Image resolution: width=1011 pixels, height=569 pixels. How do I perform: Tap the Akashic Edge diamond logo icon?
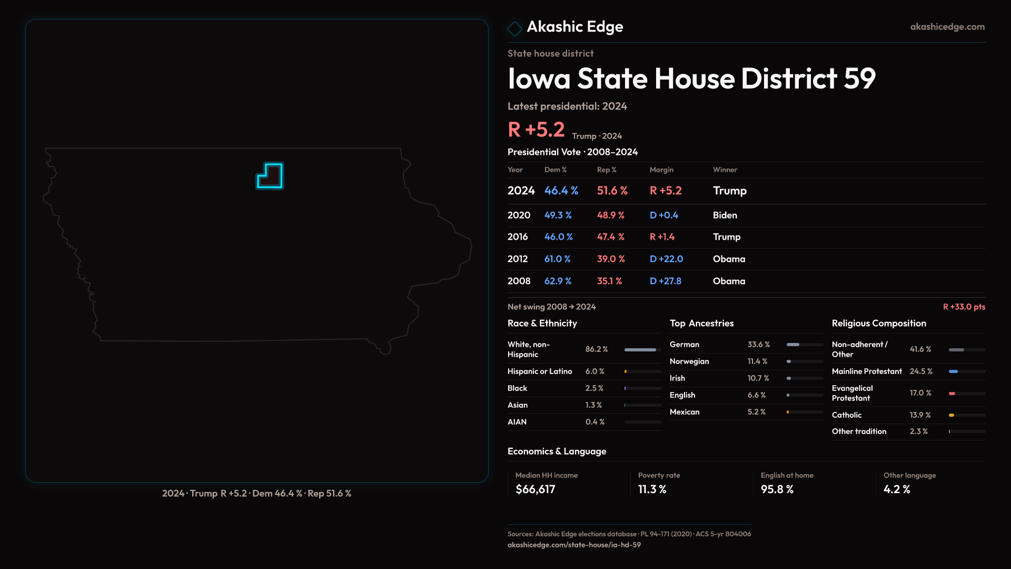coord(514,28)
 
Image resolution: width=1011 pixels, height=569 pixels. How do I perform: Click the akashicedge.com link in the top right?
coord(947,27)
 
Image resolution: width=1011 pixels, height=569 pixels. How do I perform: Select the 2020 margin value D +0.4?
coord(663,215)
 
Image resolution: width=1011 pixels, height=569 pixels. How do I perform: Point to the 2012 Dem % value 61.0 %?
coord(557,259)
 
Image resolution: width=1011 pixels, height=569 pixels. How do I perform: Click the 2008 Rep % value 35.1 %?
coord(609,281)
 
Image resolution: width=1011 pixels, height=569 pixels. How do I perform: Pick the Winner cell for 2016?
coord(726,237)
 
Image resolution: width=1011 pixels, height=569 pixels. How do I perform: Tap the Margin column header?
coord(661,170)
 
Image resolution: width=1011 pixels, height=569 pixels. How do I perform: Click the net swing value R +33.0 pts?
coord(964,307)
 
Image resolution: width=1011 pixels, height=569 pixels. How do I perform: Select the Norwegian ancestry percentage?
coord(757,361)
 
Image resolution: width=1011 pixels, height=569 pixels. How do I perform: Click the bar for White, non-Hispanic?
coord(640,350)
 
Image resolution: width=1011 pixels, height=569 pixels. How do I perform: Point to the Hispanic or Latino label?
coord(539,371)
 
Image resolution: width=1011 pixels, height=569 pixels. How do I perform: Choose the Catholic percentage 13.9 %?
coord(920,415)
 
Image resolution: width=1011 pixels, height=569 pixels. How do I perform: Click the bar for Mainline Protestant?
coord(954,371)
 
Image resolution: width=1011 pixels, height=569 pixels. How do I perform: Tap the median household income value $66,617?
coord(535,489)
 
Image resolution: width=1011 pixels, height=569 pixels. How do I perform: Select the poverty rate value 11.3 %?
coord(652,489)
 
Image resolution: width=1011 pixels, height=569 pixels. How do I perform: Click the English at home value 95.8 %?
coord(777,489)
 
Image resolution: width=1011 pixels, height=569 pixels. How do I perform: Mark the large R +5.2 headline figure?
coord(536,130)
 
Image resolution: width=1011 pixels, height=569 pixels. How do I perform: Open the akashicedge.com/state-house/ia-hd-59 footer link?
coord(574,545)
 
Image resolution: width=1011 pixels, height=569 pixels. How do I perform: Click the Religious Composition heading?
coord(879,323)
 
